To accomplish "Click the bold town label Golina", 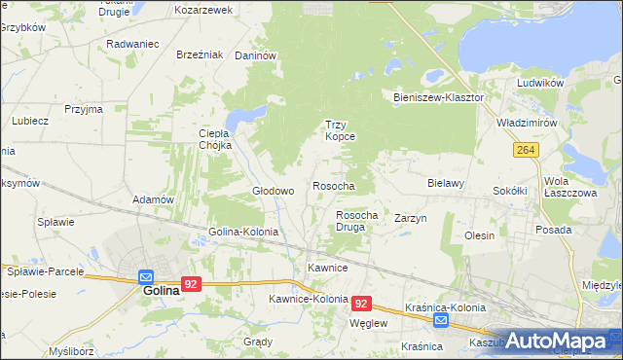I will click(161, 290).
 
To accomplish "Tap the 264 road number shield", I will click(527, 150).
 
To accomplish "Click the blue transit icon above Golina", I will click(145, 276).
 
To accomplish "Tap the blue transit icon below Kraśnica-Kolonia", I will click(441, 320).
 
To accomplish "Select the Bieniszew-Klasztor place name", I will click(438, 98).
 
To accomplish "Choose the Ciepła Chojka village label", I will click(214, 139).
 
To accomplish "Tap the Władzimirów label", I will click(526, 124).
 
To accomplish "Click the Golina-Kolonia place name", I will click(243, 233).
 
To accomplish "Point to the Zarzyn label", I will click(411, 219).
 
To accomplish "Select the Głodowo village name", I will click(273, 192).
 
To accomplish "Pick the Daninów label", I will click(257, 55).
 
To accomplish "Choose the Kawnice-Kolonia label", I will click(309, 299).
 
